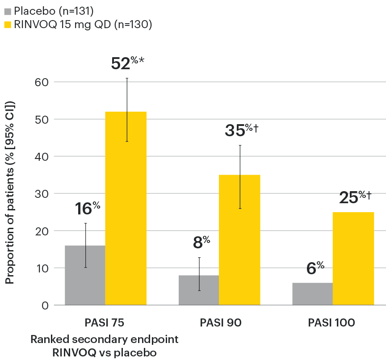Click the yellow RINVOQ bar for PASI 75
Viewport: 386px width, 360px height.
126,209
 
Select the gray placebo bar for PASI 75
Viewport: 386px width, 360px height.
84,275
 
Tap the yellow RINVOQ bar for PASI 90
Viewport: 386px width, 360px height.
239,240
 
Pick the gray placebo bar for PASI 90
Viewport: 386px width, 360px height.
199,290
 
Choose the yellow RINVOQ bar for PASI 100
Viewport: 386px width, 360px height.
353,259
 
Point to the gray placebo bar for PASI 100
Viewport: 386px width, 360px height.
313,294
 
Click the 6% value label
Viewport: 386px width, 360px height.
315,268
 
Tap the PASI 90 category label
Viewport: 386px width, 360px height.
220,322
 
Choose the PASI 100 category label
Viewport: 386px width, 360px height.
333,322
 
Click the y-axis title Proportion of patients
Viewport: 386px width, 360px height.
10,193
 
